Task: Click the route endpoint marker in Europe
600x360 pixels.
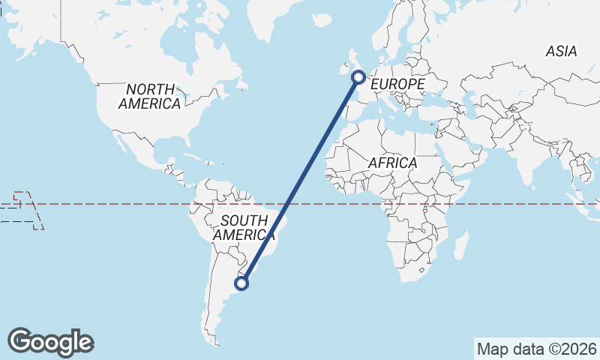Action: pos(358,76)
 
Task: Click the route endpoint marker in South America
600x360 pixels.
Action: pos(241,283)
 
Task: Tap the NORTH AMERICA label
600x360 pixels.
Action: pos(150,97)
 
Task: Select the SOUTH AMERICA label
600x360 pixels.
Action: pos(241,227)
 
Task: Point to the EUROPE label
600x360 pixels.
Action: pos(397,85)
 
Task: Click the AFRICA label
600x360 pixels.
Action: pos(392,163)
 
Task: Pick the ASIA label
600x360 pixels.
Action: pos(561,52)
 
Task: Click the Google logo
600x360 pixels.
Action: pos(50,342)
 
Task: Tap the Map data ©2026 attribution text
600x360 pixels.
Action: pos(537,349)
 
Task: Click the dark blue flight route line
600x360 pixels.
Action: pos(300,179)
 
